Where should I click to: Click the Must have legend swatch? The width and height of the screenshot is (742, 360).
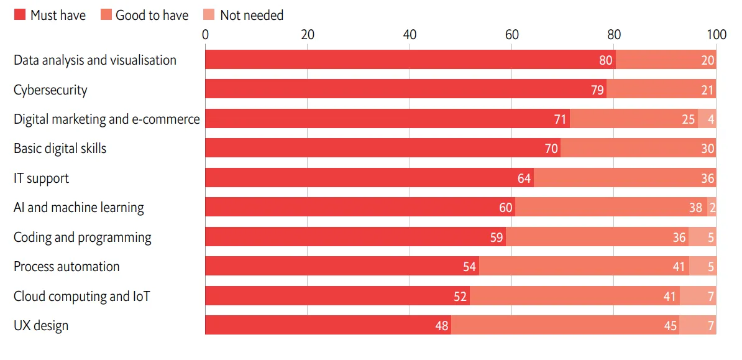(19, 15)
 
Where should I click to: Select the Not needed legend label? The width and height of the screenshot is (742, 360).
(252, 15)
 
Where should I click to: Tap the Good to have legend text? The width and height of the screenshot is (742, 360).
(152, 15)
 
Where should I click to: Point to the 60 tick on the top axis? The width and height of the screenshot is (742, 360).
(511, 35)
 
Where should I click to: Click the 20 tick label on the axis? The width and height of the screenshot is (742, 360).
(308, 35)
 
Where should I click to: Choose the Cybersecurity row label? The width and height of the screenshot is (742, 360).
(50, 90)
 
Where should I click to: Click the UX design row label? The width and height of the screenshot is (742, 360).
(41, 325)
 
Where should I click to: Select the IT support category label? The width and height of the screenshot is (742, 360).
(41, 178)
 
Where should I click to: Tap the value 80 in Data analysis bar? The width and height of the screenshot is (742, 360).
(606, 60)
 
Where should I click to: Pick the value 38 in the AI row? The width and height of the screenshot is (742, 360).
(695, 208)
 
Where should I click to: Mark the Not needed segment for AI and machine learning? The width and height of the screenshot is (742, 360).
(712, 207)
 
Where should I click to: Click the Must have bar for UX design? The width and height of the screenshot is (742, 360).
(328, 325)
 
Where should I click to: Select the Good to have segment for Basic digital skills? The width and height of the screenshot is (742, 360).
(638, 148)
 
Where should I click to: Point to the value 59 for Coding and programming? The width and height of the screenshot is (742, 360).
(497, 237)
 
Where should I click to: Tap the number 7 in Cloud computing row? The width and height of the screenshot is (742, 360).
(711, 297)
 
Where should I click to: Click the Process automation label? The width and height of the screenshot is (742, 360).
(66, 266)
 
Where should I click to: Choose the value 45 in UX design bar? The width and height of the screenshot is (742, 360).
(670, 326)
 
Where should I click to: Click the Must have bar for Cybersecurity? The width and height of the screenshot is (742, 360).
(406, 89)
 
